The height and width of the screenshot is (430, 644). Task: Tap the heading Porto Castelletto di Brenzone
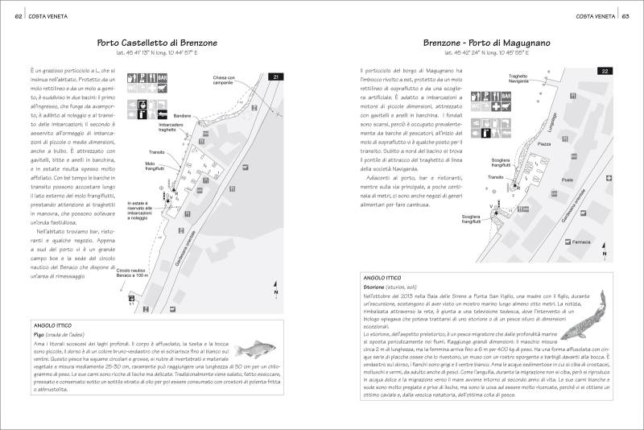(x=157, y=43)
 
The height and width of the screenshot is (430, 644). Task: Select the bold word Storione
(x=377, y=287)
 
